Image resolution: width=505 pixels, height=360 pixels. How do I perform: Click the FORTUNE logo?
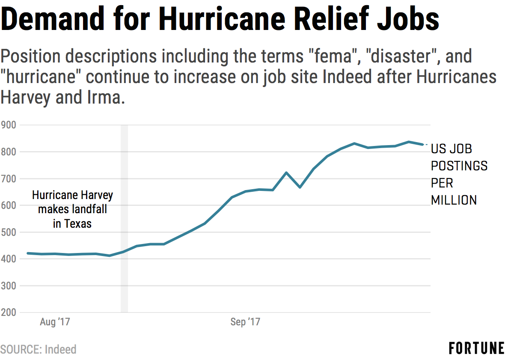(476, 348)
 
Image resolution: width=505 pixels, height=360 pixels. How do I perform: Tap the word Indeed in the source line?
(60, 349)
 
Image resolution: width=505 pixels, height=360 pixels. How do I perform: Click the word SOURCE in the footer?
(21, 349)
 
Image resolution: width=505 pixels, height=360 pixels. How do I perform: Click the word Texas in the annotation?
(78, 223)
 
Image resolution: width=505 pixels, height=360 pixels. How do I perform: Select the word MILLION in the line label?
(454, 200)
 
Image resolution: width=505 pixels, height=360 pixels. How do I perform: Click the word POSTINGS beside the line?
(459, 166)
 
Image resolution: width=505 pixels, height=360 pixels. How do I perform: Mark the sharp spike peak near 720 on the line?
(286, 173)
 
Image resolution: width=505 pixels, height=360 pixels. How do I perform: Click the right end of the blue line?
(422, 144)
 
